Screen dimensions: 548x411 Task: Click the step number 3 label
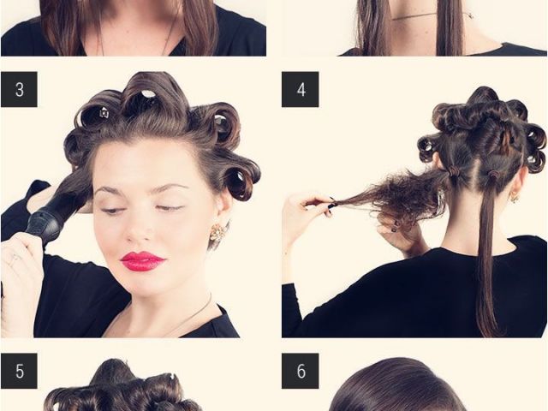pos(19,89)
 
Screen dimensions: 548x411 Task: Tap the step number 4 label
pos(301,89)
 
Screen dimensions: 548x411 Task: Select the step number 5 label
pos(19,371)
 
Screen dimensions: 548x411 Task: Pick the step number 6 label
pos(301,371)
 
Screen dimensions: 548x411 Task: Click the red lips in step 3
pos(142,261)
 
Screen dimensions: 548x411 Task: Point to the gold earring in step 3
pos(217,231)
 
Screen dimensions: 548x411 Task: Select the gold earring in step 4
pos(515,198)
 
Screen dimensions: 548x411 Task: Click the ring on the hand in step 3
pos(15,259)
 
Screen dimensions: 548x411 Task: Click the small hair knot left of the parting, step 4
pos(454,171)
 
